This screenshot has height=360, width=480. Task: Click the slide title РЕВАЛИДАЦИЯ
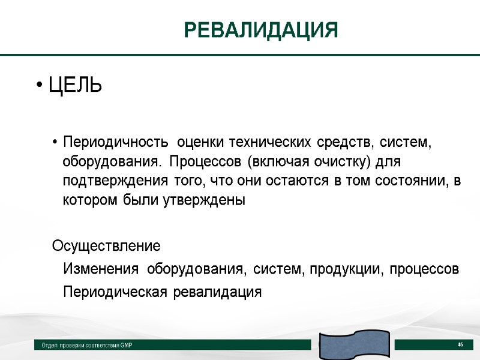point(260,29)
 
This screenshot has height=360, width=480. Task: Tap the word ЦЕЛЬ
point(75,86)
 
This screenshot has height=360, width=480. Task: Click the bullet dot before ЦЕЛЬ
point(38,86)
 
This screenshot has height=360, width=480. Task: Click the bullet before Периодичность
point(55,143)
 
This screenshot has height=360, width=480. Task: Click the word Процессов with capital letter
point(205,162)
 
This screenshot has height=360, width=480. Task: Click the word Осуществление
point(106,247)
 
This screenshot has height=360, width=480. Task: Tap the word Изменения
point(100,269)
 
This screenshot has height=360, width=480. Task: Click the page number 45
point(460,344)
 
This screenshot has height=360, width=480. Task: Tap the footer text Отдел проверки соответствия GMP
point(87,346)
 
